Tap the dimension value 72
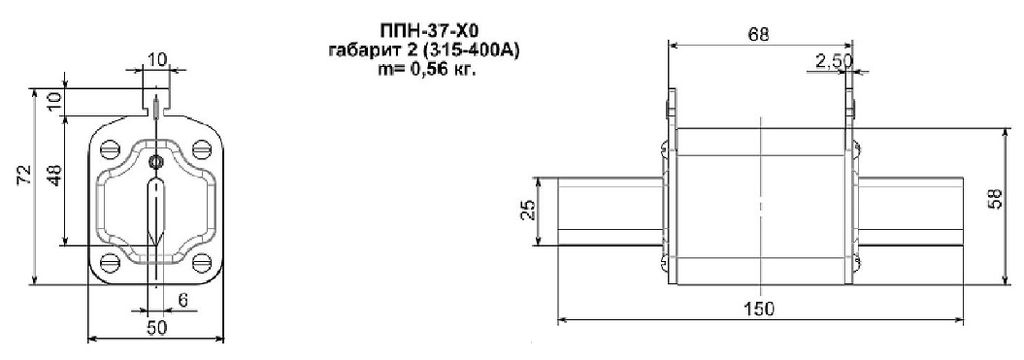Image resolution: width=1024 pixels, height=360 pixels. coord(24,176)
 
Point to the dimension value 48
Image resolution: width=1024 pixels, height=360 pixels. coord(55,175)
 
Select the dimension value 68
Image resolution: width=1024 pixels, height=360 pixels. coord(760,35)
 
